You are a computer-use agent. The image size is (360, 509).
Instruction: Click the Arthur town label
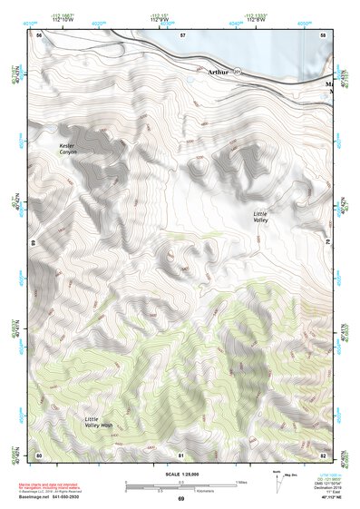tap(219, 71)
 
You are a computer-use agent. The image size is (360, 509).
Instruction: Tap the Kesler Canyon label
tap(69, 149)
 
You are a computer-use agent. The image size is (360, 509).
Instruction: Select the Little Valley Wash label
tap(99, 422)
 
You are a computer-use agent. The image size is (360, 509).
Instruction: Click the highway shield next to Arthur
tap(238, 71)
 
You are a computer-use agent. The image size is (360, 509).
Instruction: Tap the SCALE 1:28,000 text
tap(180, 475)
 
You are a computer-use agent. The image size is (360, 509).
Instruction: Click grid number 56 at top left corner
tap(40, 34)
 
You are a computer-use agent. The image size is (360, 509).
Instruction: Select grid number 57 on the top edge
tap(182, 34)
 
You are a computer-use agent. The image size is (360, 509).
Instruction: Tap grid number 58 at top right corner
tap(323, 34)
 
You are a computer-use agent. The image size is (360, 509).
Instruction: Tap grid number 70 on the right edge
tap(327, 243)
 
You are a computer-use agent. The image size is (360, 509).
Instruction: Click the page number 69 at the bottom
tap(180, 498)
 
